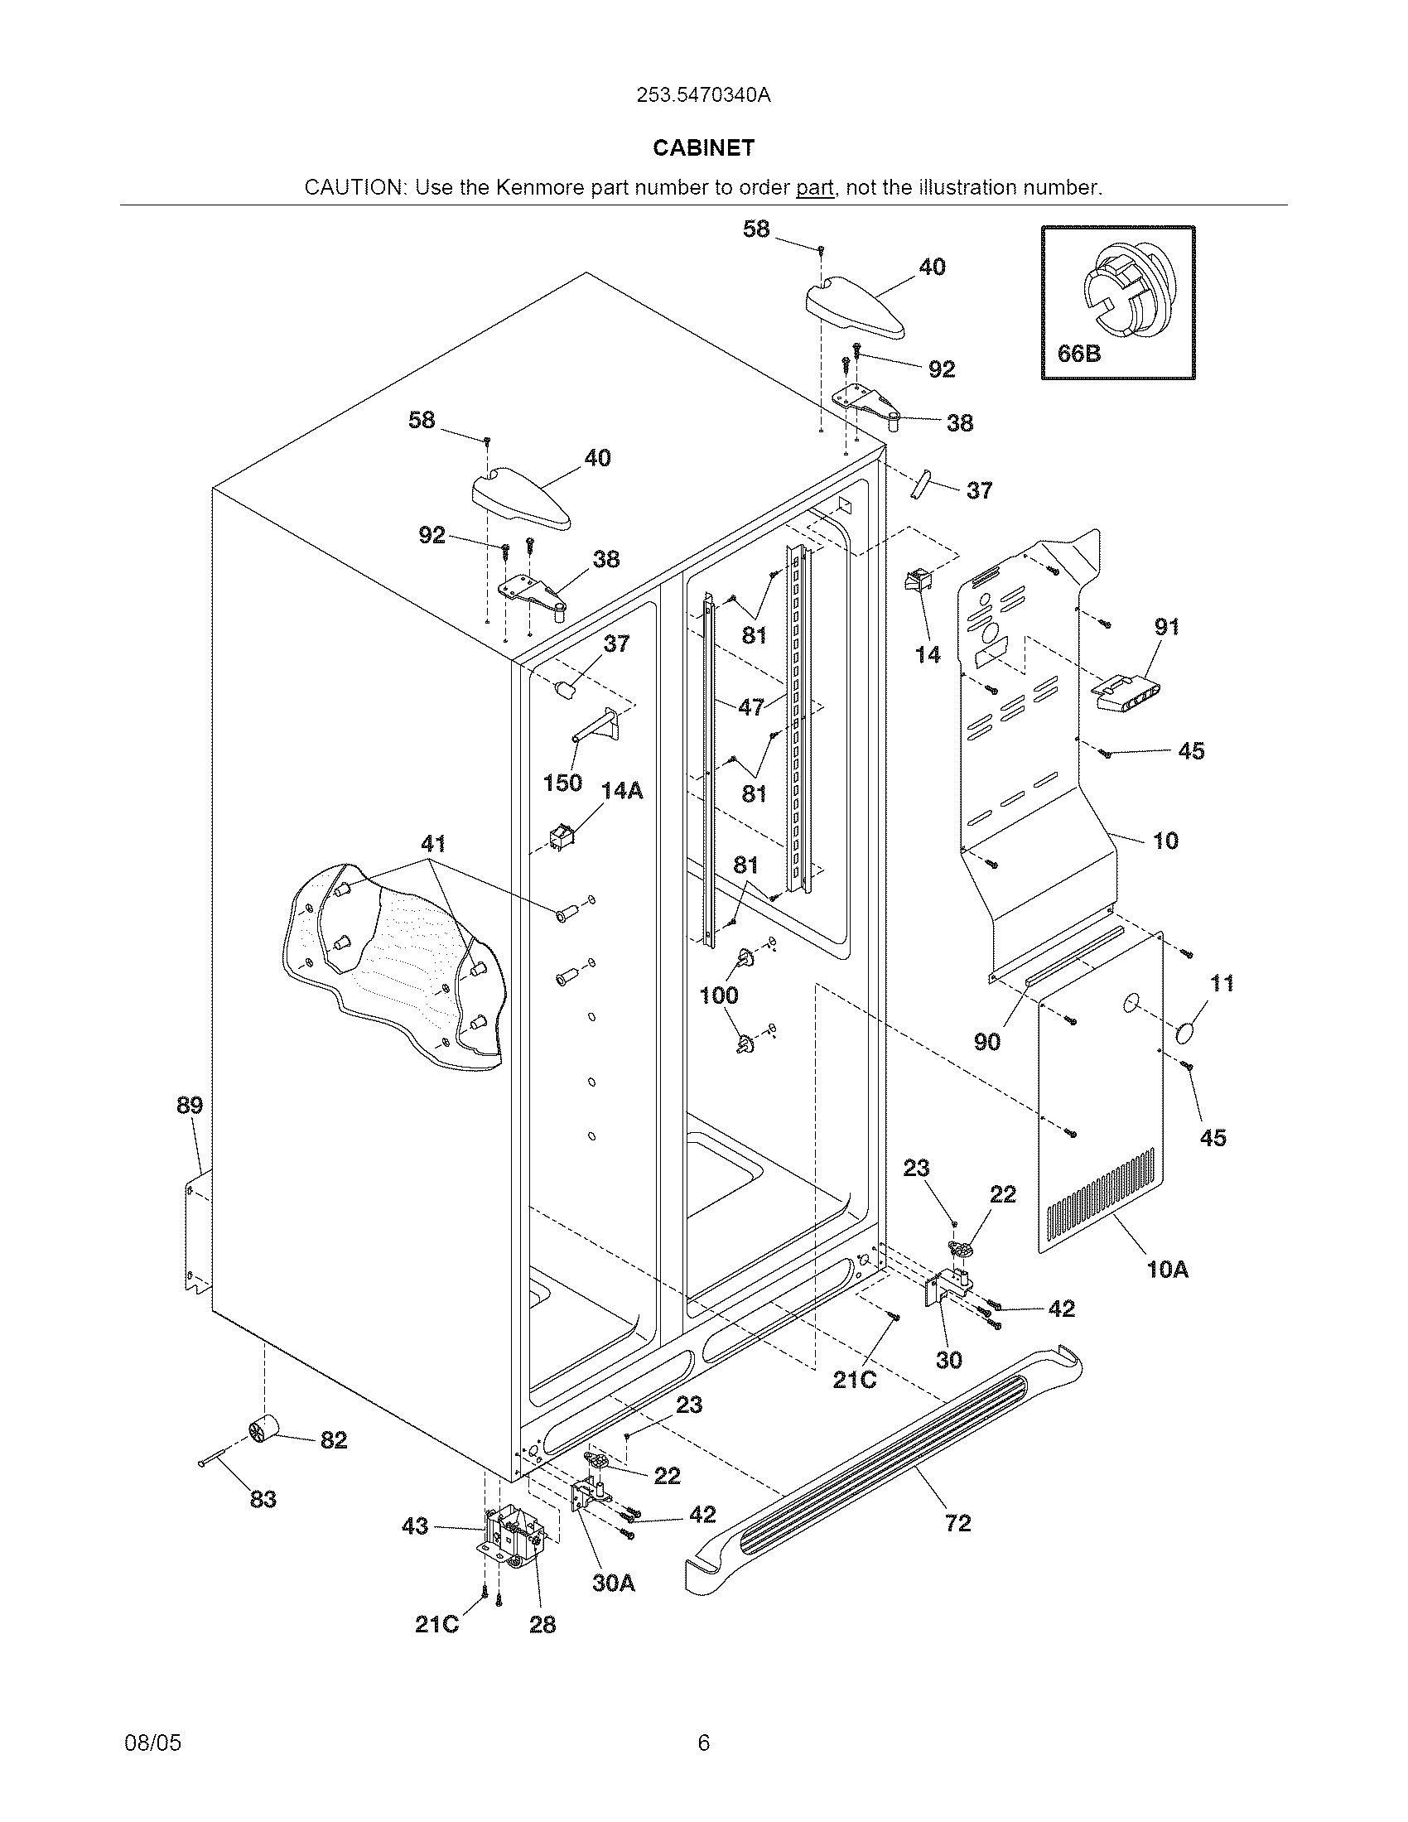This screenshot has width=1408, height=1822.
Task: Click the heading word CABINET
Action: point(703,148)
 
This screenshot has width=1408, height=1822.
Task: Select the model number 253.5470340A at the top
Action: point(703,95)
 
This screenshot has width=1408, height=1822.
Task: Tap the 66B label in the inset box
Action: point(1078,354)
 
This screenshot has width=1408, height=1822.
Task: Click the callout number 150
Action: point(562,783)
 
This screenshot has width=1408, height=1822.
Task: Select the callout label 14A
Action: point(621,790)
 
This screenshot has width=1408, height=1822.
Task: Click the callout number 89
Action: point(190,1106)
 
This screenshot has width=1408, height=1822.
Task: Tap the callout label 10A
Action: point(1167,1270)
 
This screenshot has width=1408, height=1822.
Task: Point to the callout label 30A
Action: point(614,1583)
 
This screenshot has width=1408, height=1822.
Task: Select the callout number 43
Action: point(415,1526)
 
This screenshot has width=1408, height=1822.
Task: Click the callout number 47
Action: point(751,707)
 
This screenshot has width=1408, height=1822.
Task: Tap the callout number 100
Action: point(719,995)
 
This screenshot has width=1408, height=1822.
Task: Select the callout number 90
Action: point(986,1041)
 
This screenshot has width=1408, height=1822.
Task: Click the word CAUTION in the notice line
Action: point(354,188)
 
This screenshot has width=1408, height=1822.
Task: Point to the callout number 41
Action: point(433,843)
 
